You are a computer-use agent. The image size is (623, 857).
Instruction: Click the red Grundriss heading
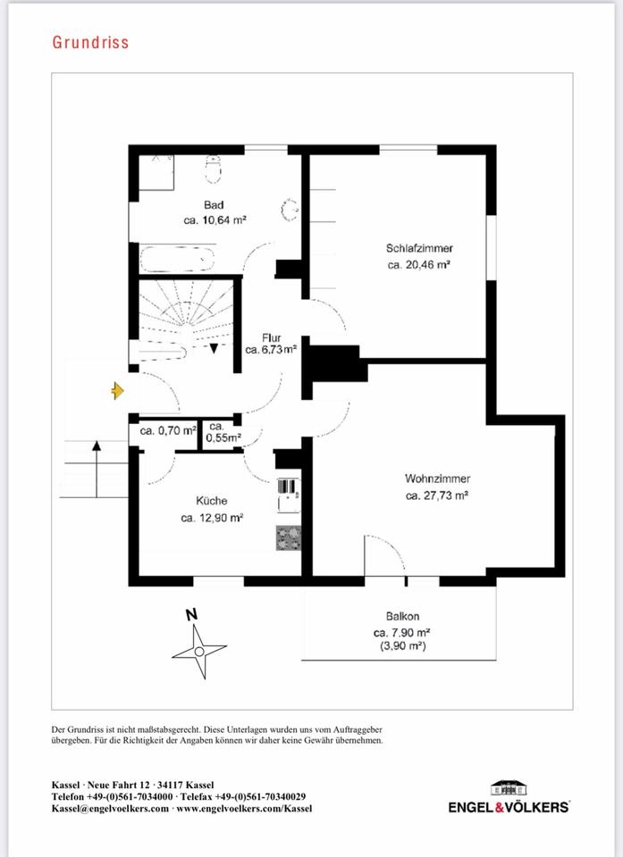(x=91, y=43)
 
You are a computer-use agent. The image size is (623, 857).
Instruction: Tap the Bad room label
(x=214, y=205)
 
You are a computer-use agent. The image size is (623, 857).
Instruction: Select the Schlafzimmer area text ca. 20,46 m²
(x=419, y=265)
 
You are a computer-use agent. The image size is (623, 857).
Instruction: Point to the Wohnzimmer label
(x=437, y=478)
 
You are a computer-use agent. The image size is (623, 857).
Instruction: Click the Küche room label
(x=211, y=501)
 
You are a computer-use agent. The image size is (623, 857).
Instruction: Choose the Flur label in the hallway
(x=271, y=337)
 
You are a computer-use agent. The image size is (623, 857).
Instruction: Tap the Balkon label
(x=402, y=617)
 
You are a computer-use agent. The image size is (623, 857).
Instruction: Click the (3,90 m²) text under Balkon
(x=403, y=646)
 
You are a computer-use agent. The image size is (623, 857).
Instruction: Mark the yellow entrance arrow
(x=117, y=390)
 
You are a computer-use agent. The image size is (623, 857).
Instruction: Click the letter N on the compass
(x=191, y=615)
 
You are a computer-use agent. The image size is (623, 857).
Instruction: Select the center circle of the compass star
(x=199, y=652)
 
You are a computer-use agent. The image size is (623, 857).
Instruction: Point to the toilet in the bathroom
(x=213, y=169)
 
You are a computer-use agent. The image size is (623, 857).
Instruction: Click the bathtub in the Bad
(x=177, y=259)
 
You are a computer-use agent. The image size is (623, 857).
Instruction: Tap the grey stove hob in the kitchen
(x=288, y=537)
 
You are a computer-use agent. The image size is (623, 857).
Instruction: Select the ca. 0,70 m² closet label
(x=168, y=430)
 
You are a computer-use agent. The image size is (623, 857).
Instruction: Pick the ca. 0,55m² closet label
(x=223, y=432)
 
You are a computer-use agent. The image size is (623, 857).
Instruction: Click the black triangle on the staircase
(x=214, y=347)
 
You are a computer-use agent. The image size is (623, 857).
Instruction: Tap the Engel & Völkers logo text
(x=509, y=807)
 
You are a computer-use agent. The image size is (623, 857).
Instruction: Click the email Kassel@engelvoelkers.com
(x=110, y=809)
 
